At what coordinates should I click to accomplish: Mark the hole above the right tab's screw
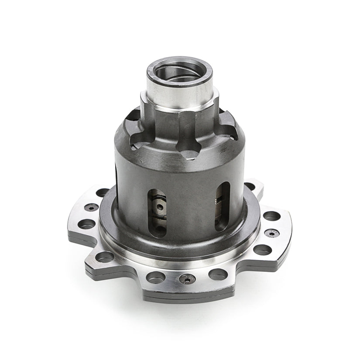[x=271, y=216]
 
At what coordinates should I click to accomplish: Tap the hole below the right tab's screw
[x=262, y=250]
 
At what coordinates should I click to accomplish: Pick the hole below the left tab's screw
[x=87, y=224]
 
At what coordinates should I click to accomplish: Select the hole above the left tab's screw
[x=102, y=192]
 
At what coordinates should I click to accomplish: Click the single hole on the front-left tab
[x=105, y=257]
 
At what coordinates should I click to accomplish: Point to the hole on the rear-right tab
[x=250, y=186]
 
